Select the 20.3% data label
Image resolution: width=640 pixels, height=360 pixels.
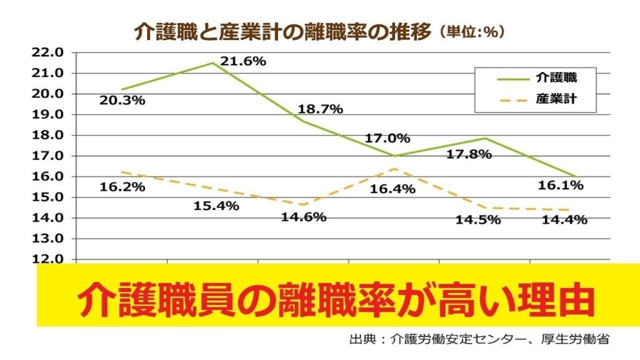pos(122,99)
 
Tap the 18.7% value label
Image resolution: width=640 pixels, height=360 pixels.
pos(320,109)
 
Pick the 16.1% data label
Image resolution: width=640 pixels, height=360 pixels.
pos(561,185)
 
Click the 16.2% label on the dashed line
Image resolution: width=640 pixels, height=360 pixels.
pos(122,186)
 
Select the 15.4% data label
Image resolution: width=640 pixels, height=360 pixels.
pos(216,206)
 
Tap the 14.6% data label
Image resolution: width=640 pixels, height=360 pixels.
pos(304,217)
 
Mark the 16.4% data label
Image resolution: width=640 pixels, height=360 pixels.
pos(393,189)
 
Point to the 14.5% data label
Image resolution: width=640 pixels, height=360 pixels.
pos(478,219)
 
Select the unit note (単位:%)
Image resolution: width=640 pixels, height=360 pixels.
pos(472,32)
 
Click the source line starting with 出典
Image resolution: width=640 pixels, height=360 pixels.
pos(479,341)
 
